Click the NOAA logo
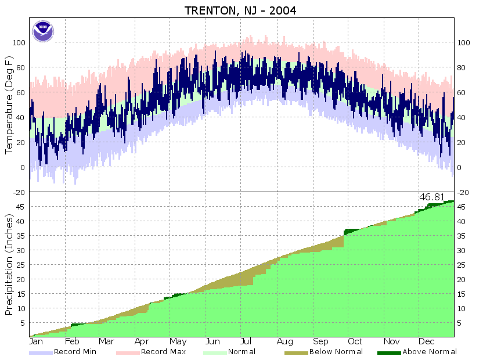(42, 31)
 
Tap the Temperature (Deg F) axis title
(9, 105)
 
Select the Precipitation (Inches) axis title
(9, 264)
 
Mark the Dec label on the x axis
(427, 342)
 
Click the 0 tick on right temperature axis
(460, 168)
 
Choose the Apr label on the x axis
(142, 342)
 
